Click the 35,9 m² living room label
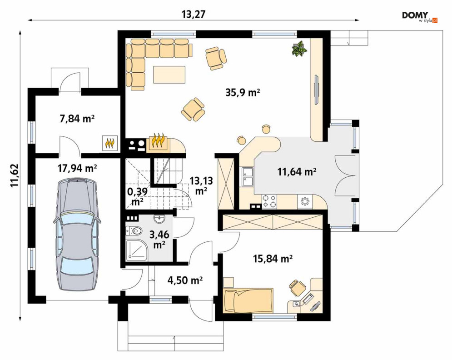(243, 92)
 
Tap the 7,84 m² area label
(77, 118)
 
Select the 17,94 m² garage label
(77, 168)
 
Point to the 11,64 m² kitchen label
(297, 172)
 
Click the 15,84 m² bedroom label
(273, 259)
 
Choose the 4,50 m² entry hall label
(185, 280)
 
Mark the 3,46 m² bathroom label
(159, 239)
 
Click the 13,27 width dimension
(194, 14)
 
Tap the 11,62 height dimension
(15, 175)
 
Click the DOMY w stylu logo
(420, 17)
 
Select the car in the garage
(77, 234)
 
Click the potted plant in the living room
(298, 49)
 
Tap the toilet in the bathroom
(134, 231)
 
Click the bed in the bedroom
(248, 300)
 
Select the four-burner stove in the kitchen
(269, 201)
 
